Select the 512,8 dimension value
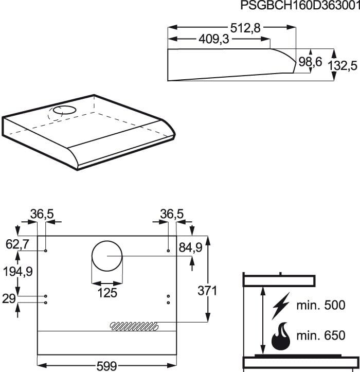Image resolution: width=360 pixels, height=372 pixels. pos(245,28)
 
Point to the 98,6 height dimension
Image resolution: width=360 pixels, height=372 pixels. pos(311,62)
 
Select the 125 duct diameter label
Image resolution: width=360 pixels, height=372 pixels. pos(107,293)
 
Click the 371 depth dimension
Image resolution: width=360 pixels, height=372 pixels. pos(207,291)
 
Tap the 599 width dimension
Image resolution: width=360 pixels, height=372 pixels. pos(107,366)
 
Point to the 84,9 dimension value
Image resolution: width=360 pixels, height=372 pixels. pos(190,248)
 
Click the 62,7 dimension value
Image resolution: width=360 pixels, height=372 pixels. pos(18,244)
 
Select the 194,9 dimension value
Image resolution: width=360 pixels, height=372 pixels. pos(19,271)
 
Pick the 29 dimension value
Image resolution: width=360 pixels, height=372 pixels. pos(9,298)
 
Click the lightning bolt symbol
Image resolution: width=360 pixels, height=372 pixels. pos(280,306)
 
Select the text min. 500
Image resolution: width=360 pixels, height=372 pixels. pos(320,305)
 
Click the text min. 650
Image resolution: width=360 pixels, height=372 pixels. pos(320,336)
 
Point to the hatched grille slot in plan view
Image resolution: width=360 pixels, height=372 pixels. pos(134,325)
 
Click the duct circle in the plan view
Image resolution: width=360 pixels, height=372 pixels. pos(107,256)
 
